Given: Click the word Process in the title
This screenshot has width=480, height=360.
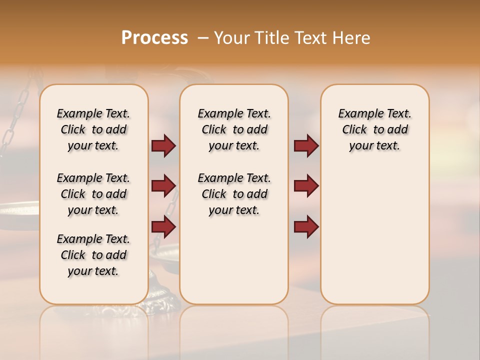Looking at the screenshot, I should [x=154, y=38].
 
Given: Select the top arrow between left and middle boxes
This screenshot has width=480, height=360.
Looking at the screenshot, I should [x=163, y=146].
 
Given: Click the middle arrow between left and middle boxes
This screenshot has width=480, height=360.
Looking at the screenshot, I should [x=163, y=186].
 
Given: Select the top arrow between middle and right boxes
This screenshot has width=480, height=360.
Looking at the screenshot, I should [x=306, y=146].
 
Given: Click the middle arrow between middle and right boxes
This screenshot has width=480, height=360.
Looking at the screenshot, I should [x=306, y=186].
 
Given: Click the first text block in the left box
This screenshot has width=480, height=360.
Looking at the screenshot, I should [x=93, y=129].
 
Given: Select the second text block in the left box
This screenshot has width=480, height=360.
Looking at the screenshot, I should [x=93, y=194].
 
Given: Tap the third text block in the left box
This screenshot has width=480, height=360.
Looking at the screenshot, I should [x=93, y=255].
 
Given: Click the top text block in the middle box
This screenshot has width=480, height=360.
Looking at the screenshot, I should [x=234, y=129].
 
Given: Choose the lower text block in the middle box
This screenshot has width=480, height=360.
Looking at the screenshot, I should [x=234, y=194].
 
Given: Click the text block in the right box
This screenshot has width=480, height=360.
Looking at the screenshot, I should [x=374, y=129].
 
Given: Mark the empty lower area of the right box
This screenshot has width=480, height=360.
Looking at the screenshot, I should [x=374, y=235].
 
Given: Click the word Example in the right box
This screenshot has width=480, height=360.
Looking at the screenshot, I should [x=356, y=114].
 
